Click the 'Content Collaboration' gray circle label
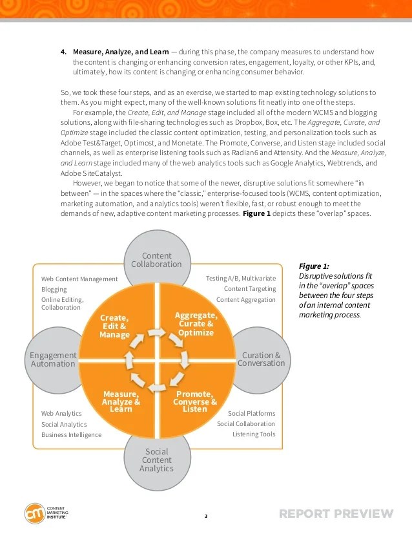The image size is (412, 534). coord(156,260)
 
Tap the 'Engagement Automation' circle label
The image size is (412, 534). coord(53,359)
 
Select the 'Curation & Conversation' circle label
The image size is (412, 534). coord(261,359)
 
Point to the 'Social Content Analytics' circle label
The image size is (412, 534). coord(156,460)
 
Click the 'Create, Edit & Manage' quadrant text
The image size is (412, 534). coord(114,326)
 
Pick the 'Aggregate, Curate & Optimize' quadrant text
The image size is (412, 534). coord(196,324)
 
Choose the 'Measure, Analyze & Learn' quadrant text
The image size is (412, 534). coord(121,401)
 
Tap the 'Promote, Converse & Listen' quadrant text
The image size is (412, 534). coord(195,401)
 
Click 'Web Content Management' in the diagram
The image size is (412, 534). coord(79,279)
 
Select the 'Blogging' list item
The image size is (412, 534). coord(54,290)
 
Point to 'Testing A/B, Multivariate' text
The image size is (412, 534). coord(240,279)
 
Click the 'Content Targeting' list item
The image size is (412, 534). coord(249,289)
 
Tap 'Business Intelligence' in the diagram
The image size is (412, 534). coord(71,435)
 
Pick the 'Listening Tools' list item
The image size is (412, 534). coord(254,434)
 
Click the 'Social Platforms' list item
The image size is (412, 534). coord(251,414)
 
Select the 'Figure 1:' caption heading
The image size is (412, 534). coord(314,266)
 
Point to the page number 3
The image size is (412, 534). coord(206,516)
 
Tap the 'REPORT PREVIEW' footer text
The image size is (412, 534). coord(336,515)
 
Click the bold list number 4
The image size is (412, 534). coord(63,52)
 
